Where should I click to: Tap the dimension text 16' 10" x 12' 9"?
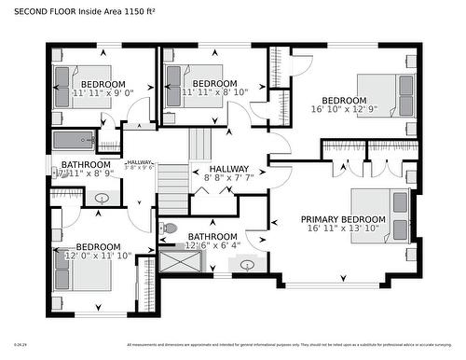click(344, 109)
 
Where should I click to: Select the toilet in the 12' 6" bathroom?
click(169, 228)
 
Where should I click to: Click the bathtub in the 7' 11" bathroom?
click(74, 141)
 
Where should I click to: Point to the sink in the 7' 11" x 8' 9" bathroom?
click(103, 198)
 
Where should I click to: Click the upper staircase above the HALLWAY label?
click(202, 145)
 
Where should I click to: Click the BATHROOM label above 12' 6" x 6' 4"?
click(212, 237)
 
